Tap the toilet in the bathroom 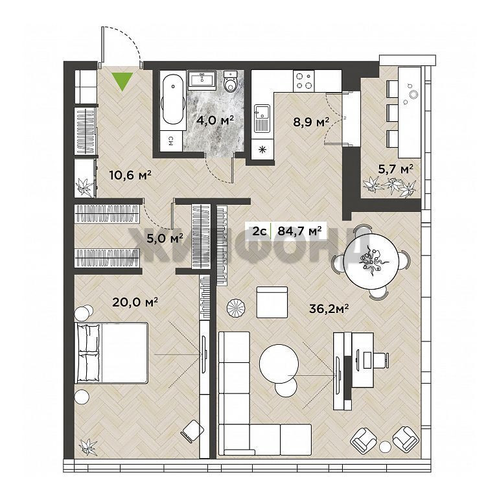(x=230, y=81)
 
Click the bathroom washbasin (x=202, y=79)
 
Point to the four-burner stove (x=303, y=81)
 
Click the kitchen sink (x=262, y=119)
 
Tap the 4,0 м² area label (x=215, y=121)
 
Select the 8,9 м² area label (x=311, y=122)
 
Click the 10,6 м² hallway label (x=130, y=175)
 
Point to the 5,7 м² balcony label (x=395, y=168)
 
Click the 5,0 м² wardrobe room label (x=165, y=238)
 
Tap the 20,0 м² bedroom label (x=135, y=302)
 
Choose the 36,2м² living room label (x=329, y=308)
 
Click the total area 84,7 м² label (x=299, y=231)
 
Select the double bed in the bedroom (x=111, y=353)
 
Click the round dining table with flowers (x=372, y=261)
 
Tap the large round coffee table (x=279, y=364)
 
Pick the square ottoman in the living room (x=272, y=302)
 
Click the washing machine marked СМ (x=171, y=141)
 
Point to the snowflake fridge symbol (x=262, y=149)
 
